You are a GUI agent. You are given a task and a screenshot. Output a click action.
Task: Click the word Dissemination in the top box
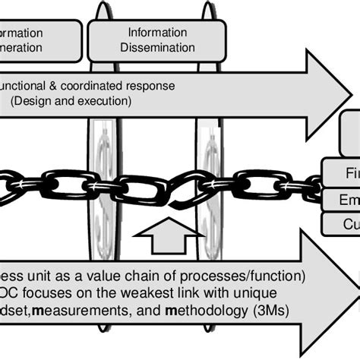point(156,47)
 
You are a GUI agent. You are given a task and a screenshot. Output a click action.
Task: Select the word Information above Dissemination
point(156,33)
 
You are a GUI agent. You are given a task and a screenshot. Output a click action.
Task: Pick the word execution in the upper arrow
point(108,99)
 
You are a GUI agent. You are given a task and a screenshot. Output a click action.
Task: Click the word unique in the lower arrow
point(255,292)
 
